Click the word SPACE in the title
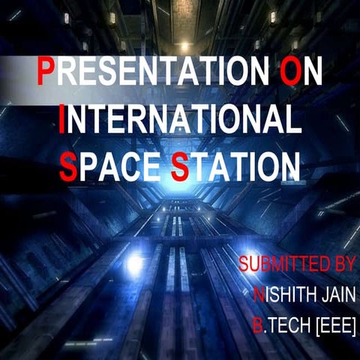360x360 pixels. pos(110,166)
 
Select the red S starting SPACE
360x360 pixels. pos(67,166)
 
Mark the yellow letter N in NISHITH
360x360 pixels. pos(258,295)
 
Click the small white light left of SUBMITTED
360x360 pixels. pos(135,264)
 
